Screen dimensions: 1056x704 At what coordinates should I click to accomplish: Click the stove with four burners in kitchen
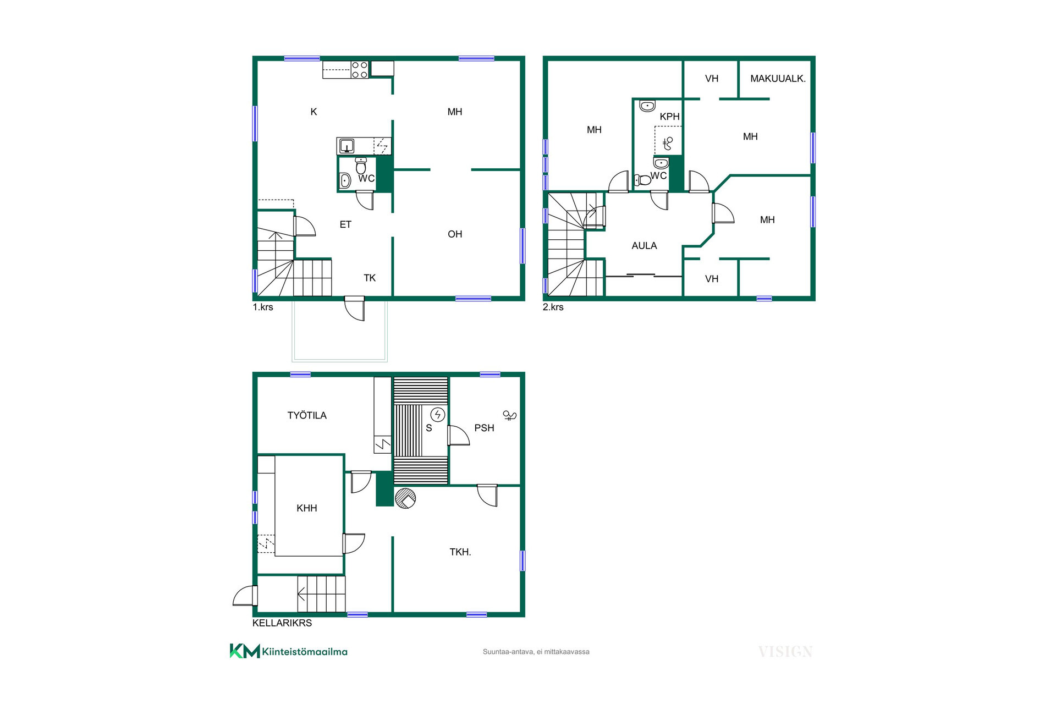point(360,70)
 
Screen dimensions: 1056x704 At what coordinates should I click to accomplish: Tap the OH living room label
point(455,234)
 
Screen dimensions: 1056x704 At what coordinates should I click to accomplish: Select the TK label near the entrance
point(370,278)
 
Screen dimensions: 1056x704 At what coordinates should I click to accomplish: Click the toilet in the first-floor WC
point(361,164)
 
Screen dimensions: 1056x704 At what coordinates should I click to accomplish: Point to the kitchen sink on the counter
point(346,146)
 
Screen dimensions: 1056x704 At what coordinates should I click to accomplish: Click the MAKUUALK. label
point(778,79)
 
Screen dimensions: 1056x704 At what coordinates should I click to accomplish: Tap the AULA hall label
point(644,246)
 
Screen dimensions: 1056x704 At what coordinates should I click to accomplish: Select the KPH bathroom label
point(669,117)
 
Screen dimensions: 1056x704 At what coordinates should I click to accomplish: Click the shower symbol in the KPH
point(668,143)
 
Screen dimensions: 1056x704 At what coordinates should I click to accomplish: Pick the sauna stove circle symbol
point(438,414)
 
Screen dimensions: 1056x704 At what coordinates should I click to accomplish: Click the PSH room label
point(484,428)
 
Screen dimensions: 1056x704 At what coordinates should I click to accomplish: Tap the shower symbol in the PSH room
point(510,415)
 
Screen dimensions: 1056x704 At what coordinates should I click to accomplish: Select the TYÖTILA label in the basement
point(307,416)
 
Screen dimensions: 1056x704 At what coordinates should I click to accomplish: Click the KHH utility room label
point(306,508)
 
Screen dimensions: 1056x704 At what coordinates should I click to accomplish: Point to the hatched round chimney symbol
point(405,498)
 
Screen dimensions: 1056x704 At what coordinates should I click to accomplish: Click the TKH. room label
point(460,552)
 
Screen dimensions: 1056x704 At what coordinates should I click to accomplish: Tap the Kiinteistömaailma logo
point(289,651)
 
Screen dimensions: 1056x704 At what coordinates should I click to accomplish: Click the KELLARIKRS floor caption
point(282,623)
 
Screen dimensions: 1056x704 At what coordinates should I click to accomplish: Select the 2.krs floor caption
point(553,307)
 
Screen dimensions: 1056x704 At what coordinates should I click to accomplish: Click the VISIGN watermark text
point(785,652)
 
